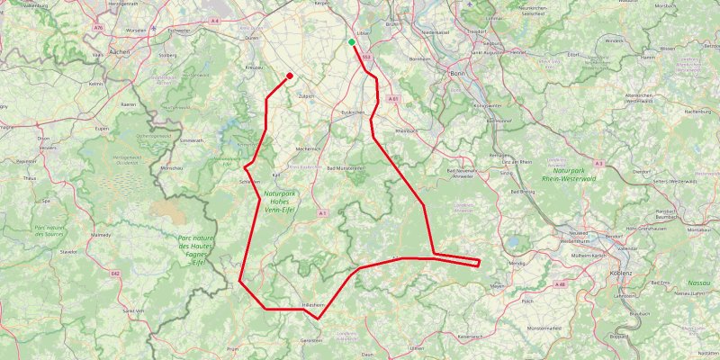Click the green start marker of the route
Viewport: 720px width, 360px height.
352,41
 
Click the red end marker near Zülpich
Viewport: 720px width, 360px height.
289,76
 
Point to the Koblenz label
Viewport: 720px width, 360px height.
621,272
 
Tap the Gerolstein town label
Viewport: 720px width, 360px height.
311,341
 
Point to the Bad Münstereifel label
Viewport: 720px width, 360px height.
345,168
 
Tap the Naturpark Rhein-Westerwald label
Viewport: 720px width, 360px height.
575,175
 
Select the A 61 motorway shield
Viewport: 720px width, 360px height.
393,97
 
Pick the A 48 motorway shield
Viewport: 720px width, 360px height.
560,283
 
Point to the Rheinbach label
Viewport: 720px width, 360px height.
402,131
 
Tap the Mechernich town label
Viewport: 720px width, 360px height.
308,148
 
